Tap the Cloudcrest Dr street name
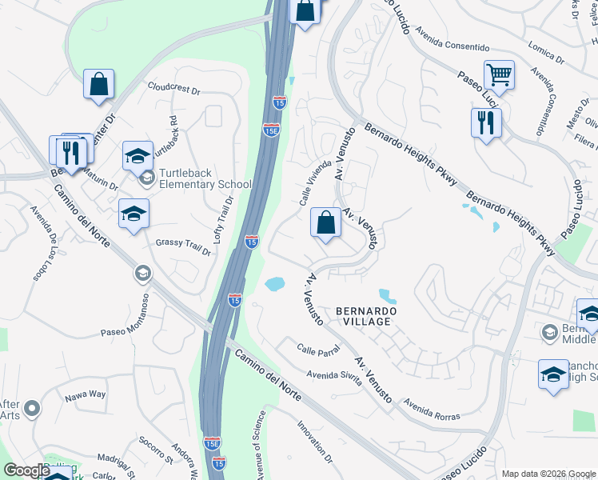tap(173, 88)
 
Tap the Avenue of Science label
tap(259, 446)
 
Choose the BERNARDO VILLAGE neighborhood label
tap(363, 315)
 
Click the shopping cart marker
tap(499, 75)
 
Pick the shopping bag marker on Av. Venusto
tap(325, 223)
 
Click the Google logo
tap(26, 470)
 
